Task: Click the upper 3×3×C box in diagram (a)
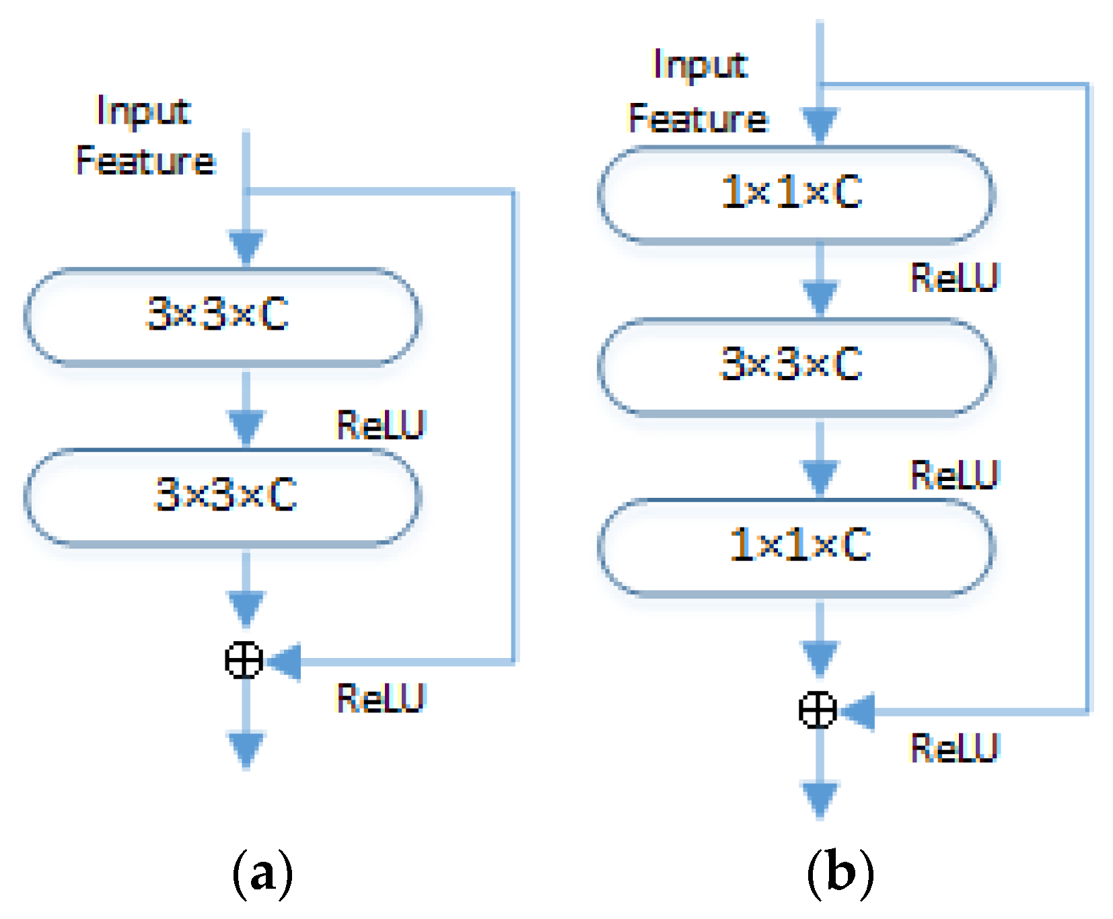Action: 222,316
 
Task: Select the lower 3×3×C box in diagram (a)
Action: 222,496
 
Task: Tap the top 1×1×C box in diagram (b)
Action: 795,193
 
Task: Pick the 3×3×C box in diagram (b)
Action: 795,366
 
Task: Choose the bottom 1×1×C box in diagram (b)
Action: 795,546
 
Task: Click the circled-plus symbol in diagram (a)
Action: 244,660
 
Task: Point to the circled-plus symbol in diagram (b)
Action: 818,710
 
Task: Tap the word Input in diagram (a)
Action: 143,111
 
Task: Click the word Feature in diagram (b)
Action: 698,119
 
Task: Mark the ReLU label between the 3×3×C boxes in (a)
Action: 381,425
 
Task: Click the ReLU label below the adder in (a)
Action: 381,698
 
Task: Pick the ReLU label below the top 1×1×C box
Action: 954,278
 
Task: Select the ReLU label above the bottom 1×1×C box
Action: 954,475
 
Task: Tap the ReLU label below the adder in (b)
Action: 954,748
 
